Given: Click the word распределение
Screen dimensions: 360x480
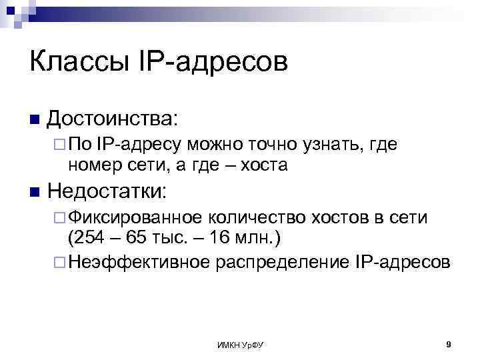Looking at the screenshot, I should click(281, 263).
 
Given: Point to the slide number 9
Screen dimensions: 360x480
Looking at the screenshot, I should click(449, 344).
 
